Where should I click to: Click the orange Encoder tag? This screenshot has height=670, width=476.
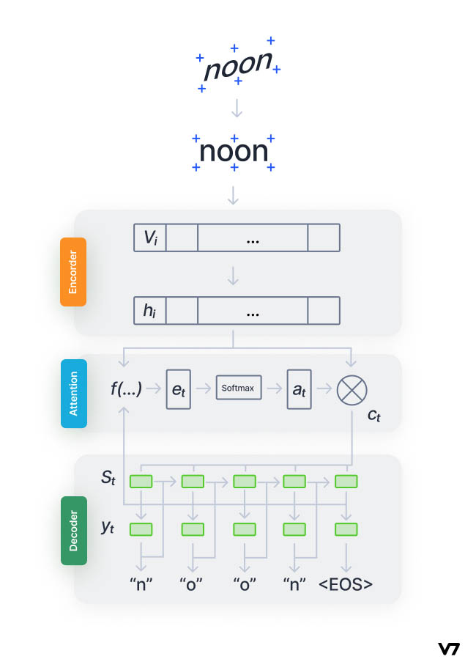click(x=73, y=271)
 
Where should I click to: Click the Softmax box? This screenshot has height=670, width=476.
click(x=238, y=388)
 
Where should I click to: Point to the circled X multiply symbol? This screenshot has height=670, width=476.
click(x=352, y=389)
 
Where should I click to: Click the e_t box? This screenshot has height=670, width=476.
click(x=178, y=389)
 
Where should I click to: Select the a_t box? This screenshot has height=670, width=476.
click(x=300, y=389)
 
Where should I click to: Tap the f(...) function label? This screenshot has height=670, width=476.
click(x=126, y=388)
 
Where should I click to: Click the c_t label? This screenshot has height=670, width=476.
click(x=373, y=416)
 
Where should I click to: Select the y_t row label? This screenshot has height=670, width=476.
click(x=108, y=527)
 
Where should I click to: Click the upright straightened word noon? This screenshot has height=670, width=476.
click(x=234, y=152)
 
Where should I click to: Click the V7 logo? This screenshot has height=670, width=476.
click(x=448, y=648)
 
